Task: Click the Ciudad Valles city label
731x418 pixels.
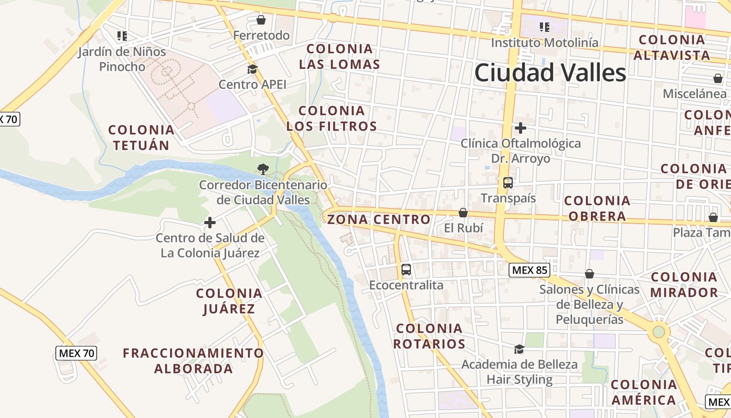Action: [550, 73]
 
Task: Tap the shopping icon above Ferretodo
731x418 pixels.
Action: [261, 20]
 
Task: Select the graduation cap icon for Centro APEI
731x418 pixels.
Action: [252, 69]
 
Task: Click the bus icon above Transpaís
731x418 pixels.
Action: [508, 183]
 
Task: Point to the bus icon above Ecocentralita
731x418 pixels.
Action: [406, 270]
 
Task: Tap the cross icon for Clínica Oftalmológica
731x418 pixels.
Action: [520, 127]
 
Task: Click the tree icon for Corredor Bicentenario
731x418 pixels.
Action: [263, 169]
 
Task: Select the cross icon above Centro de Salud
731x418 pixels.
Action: [209, 223]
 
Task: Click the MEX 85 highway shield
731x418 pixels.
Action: [529, 270]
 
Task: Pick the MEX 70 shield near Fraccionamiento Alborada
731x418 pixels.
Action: [76, 353]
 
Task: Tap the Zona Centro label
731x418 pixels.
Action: [379, 219]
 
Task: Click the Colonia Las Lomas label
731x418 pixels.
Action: [340, 56]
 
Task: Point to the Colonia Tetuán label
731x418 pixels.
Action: [141, 137]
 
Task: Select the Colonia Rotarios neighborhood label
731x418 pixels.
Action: [429, 336]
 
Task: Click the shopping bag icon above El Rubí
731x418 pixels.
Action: [463, 213]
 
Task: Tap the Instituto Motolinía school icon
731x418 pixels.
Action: [545, 27]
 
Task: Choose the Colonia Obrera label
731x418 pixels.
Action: [597, 208]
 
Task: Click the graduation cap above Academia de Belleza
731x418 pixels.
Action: [519, 349]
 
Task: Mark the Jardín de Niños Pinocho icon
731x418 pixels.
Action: [122, 36]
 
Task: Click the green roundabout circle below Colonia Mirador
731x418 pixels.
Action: [658, 331]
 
